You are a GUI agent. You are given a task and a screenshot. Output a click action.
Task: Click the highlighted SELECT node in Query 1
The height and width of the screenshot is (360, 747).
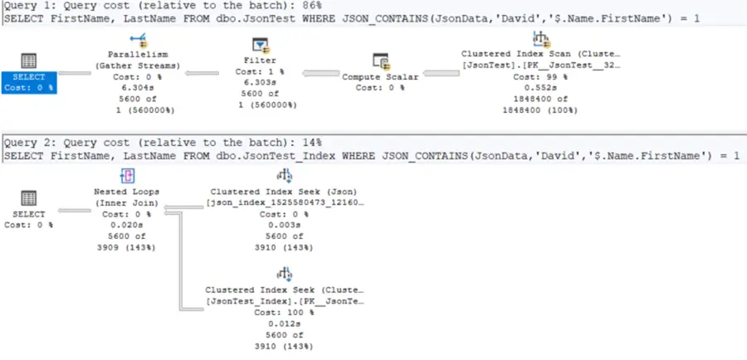point(28,72)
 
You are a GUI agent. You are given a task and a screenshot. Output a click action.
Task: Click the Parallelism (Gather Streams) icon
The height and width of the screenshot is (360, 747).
point(138,41)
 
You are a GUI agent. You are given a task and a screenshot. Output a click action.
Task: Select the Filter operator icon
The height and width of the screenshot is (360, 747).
point(261,45)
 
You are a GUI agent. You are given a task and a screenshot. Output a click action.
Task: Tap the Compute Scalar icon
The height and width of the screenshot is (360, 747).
point(381,61)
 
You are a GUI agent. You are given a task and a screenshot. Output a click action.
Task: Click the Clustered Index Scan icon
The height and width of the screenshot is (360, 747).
point(541,38)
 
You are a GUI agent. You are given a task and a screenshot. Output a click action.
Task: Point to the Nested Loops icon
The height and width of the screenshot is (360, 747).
point(128,175)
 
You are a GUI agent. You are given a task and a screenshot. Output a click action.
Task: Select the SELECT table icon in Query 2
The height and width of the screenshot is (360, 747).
point(28,199)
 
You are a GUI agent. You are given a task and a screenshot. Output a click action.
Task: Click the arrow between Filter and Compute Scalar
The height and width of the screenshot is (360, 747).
point(319,74)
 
